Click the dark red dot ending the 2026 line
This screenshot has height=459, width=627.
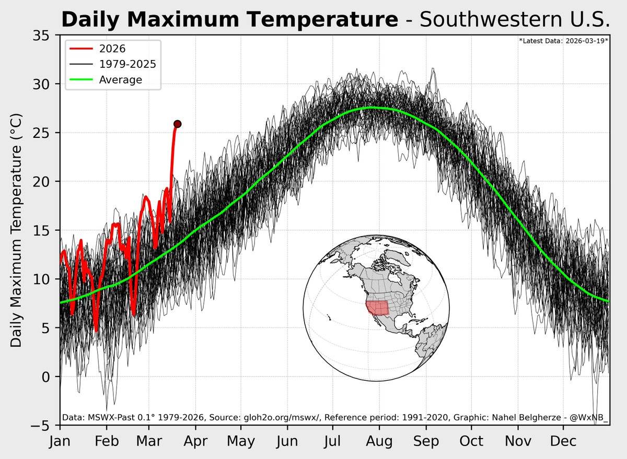[x=177, y=124]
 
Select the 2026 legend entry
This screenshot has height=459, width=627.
[x=113, y=49]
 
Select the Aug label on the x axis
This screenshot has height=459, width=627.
[x=379, y=442]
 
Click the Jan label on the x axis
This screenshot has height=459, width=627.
[x=61, y=442]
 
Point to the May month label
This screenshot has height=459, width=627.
[x=241, y=442]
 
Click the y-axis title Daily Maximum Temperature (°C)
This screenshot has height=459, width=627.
[x=17, y=230]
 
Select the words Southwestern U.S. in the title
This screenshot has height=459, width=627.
[x=515, y=20]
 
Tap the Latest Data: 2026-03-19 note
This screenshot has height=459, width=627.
[x=564, y=40]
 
